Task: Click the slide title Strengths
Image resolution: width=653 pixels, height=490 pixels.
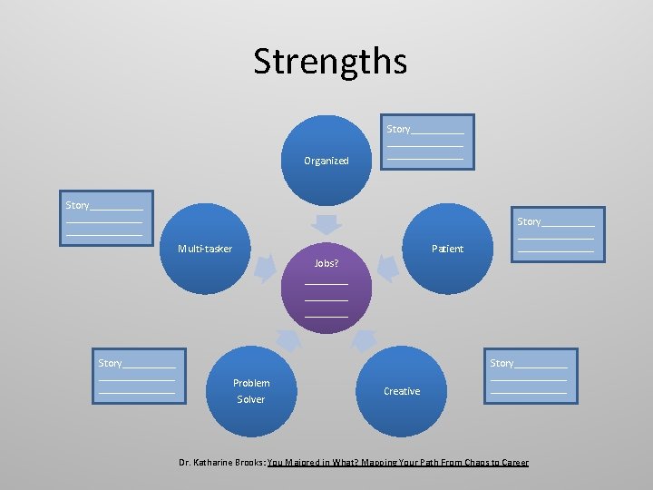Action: point(330,62)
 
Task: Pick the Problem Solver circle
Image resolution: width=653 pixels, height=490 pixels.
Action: point(251,390)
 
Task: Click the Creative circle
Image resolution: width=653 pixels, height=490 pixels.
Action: point(402,391)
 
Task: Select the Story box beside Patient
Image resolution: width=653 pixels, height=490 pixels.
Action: point(556,234)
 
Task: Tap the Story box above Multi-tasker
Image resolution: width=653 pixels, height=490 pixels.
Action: point(104,219)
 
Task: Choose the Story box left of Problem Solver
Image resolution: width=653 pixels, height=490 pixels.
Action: point(137,376)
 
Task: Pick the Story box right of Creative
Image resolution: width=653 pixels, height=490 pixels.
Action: point(529,376)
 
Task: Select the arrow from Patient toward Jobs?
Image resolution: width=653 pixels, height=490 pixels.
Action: point(387,267)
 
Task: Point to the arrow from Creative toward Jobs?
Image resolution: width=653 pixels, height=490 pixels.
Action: point(363,339)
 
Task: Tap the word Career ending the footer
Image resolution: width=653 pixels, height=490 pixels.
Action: point(513,463)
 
